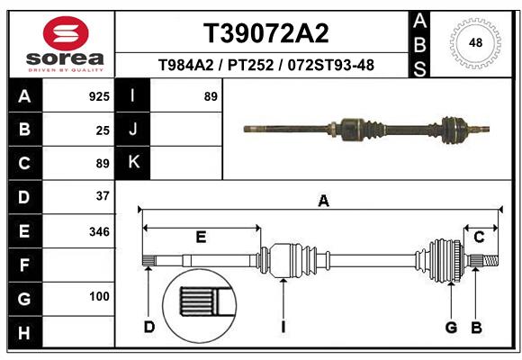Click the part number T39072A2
[x=265, y=33]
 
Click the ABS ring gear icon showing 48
[x=476, y=42]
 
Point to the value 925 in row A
[x=99, y=96]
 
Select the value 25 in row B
[x=103, y=130]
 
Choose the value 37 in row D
[x=103, y=195]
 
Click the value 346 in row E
[x=99, y=231]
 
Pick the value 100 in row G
[x=99, y=296]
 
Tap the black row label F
[x=23, y=265]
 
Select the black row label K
[x=133, y=162]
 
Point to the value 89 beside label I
[x=211, y=96]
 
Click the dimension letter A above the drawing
[x=323, y=202]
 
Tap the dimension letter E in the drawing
[x=202, y=238]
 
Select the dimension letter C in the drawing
[x=480, y=237]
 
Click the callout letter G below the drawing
[x=451, y=327]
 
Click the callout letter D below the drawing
[x=149, y=327]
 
